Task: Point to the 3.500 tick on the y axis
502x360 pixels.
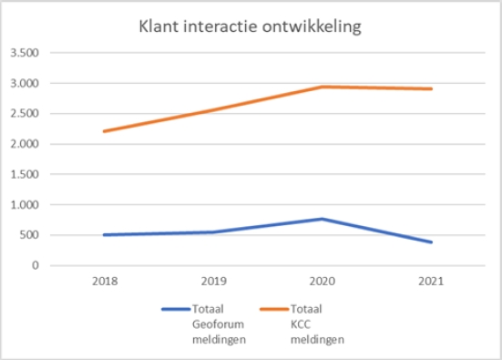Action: (x=23, y=53)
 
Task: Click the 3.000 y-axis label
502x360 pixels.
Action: (x=23, y=83)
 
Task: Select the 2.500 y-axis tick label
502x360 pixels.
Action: (x=23, y=114)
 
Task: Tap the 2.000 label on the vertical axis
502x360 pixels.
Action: (x=23, y=144)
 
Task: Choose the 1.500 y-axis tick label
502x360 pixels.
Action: (x=23, y=174)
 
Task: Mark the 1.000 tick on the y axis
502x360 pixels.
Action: (x=23, y=205)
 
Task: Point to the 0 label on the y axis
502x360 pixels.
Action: (x=34, y=265)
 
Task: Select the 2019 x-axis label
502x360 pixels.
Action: (x=213, y=281)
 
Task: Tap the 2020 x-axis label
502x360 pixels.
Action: (x=323, y=281)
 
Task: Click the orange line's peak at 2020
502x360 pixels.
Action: (x=323, y=87)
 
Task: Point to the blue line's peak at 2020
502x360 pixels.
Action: (x=323, y=219)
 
